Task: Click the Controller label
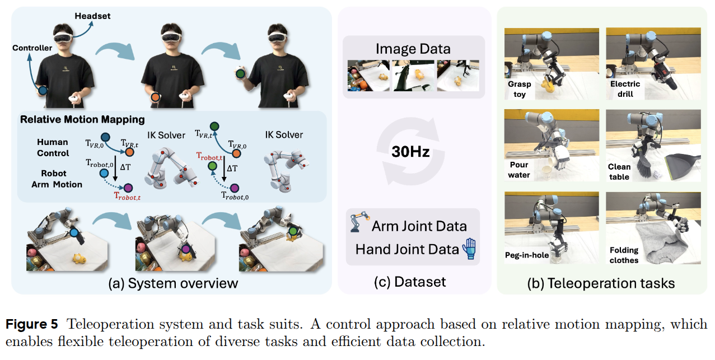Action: (x=32, y=48)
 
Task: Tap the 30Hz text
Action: (x=410, y=151)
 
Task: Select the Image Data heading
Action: (x=413, y=49)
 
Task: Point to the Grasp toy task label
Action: (x=520, y=89)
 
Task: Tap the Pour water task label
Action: (x=519, y=170)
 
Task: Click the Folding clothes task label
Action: (x=624, y=255)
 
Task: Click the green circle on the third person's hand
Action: (x=241, y=74)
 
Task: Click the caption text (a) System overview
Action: (x=172, y=283)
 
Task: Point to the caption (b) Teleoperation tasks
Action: (x=601, y=283)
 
